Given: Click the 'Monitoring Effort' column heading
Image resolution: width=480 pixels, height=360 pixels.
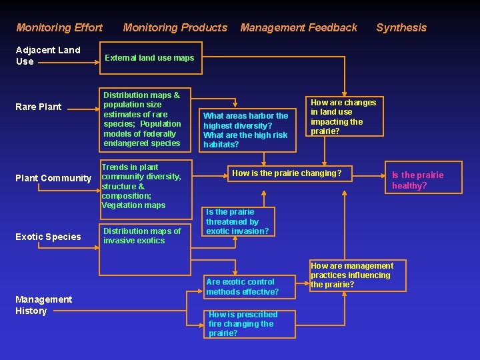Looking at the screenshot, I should [59, 27].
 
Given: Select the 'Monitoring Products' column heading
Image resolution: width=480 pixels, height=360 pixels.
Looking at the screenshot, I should [175, 27].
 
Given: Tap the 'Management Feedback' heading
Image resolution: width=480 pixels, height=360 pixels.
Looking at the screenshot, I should [299, 27].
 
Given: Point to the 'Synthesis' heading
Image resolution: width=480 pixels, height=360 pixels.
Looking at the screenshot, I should [401, 27].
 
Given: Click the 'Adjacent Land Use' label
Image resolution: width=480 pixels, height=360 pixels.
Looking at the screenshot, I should [47, 55].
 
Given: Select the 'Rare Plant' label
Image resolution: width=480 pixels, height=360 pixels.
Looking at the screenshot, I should [39, 107].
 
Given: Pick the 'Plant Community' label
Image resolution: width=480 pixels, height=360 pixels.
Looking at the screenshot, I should [53, 178].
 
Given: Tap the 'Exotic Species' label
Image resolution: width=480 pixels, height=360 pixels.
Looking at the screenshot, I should [48, 237].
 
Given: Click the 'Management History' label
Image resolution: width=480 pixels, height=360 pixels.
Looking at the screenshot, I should [43, 305].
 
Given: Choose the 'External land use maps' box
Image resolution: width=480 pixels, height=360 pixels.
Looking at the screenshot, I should [150, 58].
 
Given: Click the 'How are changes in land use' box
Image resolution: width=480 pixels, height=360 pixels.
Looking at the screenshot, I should [343, 117].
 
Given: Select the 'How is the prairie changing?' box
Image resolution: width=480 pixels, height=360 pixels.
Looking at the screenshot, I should [287, 174].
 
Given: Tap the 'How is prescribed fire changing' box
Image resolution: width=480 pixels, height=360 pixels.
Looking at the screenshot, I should [241, 323].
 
